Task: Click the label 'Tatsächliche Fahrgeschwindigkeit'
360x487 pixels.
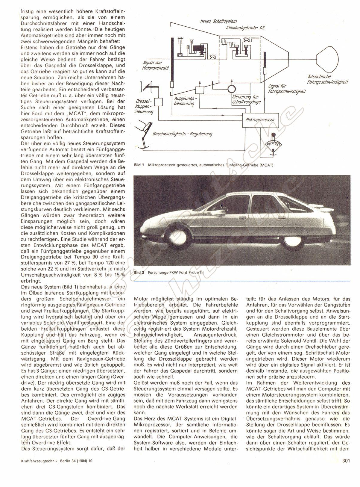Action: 327,79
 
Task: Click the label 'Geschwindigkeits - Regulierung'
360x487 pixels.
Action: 182,134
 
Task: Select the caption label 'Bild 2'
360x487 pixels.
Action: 139,273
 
